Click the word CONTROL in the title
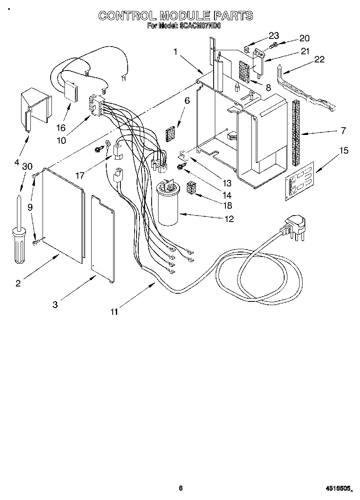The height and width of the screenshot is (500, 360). pos(127,16)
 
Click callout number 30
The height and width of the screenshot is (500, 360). pos(27,167)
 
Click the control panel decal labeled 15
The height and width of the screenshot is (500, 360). pos(300,182)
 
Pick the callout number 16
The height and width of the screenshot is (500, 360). pos(61,128)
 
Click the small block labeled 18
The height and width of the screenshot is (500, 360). pos(191,188)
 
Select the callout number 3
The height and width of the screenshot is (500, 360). pos(55,305)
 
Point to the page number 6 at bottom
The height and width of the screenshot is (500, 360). pos(181,488)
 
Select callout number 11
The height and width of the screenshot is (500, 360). pos(115,312)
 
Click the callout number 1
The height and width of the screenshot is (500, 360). pos(175,51)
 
